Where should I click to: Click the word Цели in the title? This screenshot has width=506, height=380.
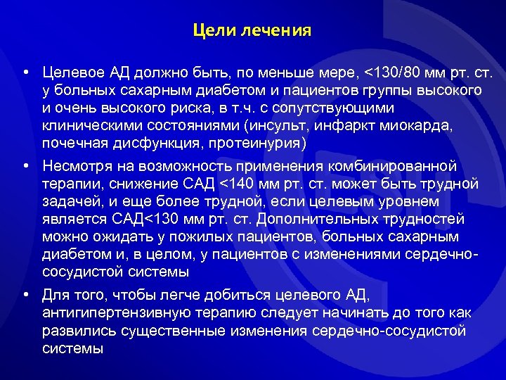point(209,32)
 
